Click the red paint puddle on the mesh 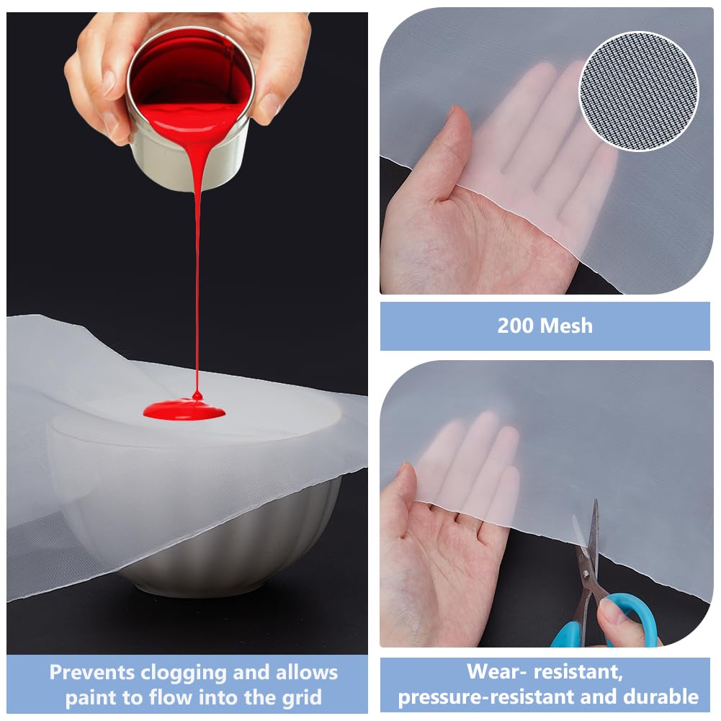pos(184,410)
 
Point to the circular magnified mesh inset pos(639,91)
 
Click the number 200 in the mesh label pos(515,326)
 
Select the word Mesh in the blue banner pos(566,326)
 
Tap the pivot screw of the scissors pos(586,573)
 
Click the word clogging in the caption pos(184,673)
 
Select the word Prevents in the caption pos(92,672)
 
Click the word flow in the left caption pos(170,697)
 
